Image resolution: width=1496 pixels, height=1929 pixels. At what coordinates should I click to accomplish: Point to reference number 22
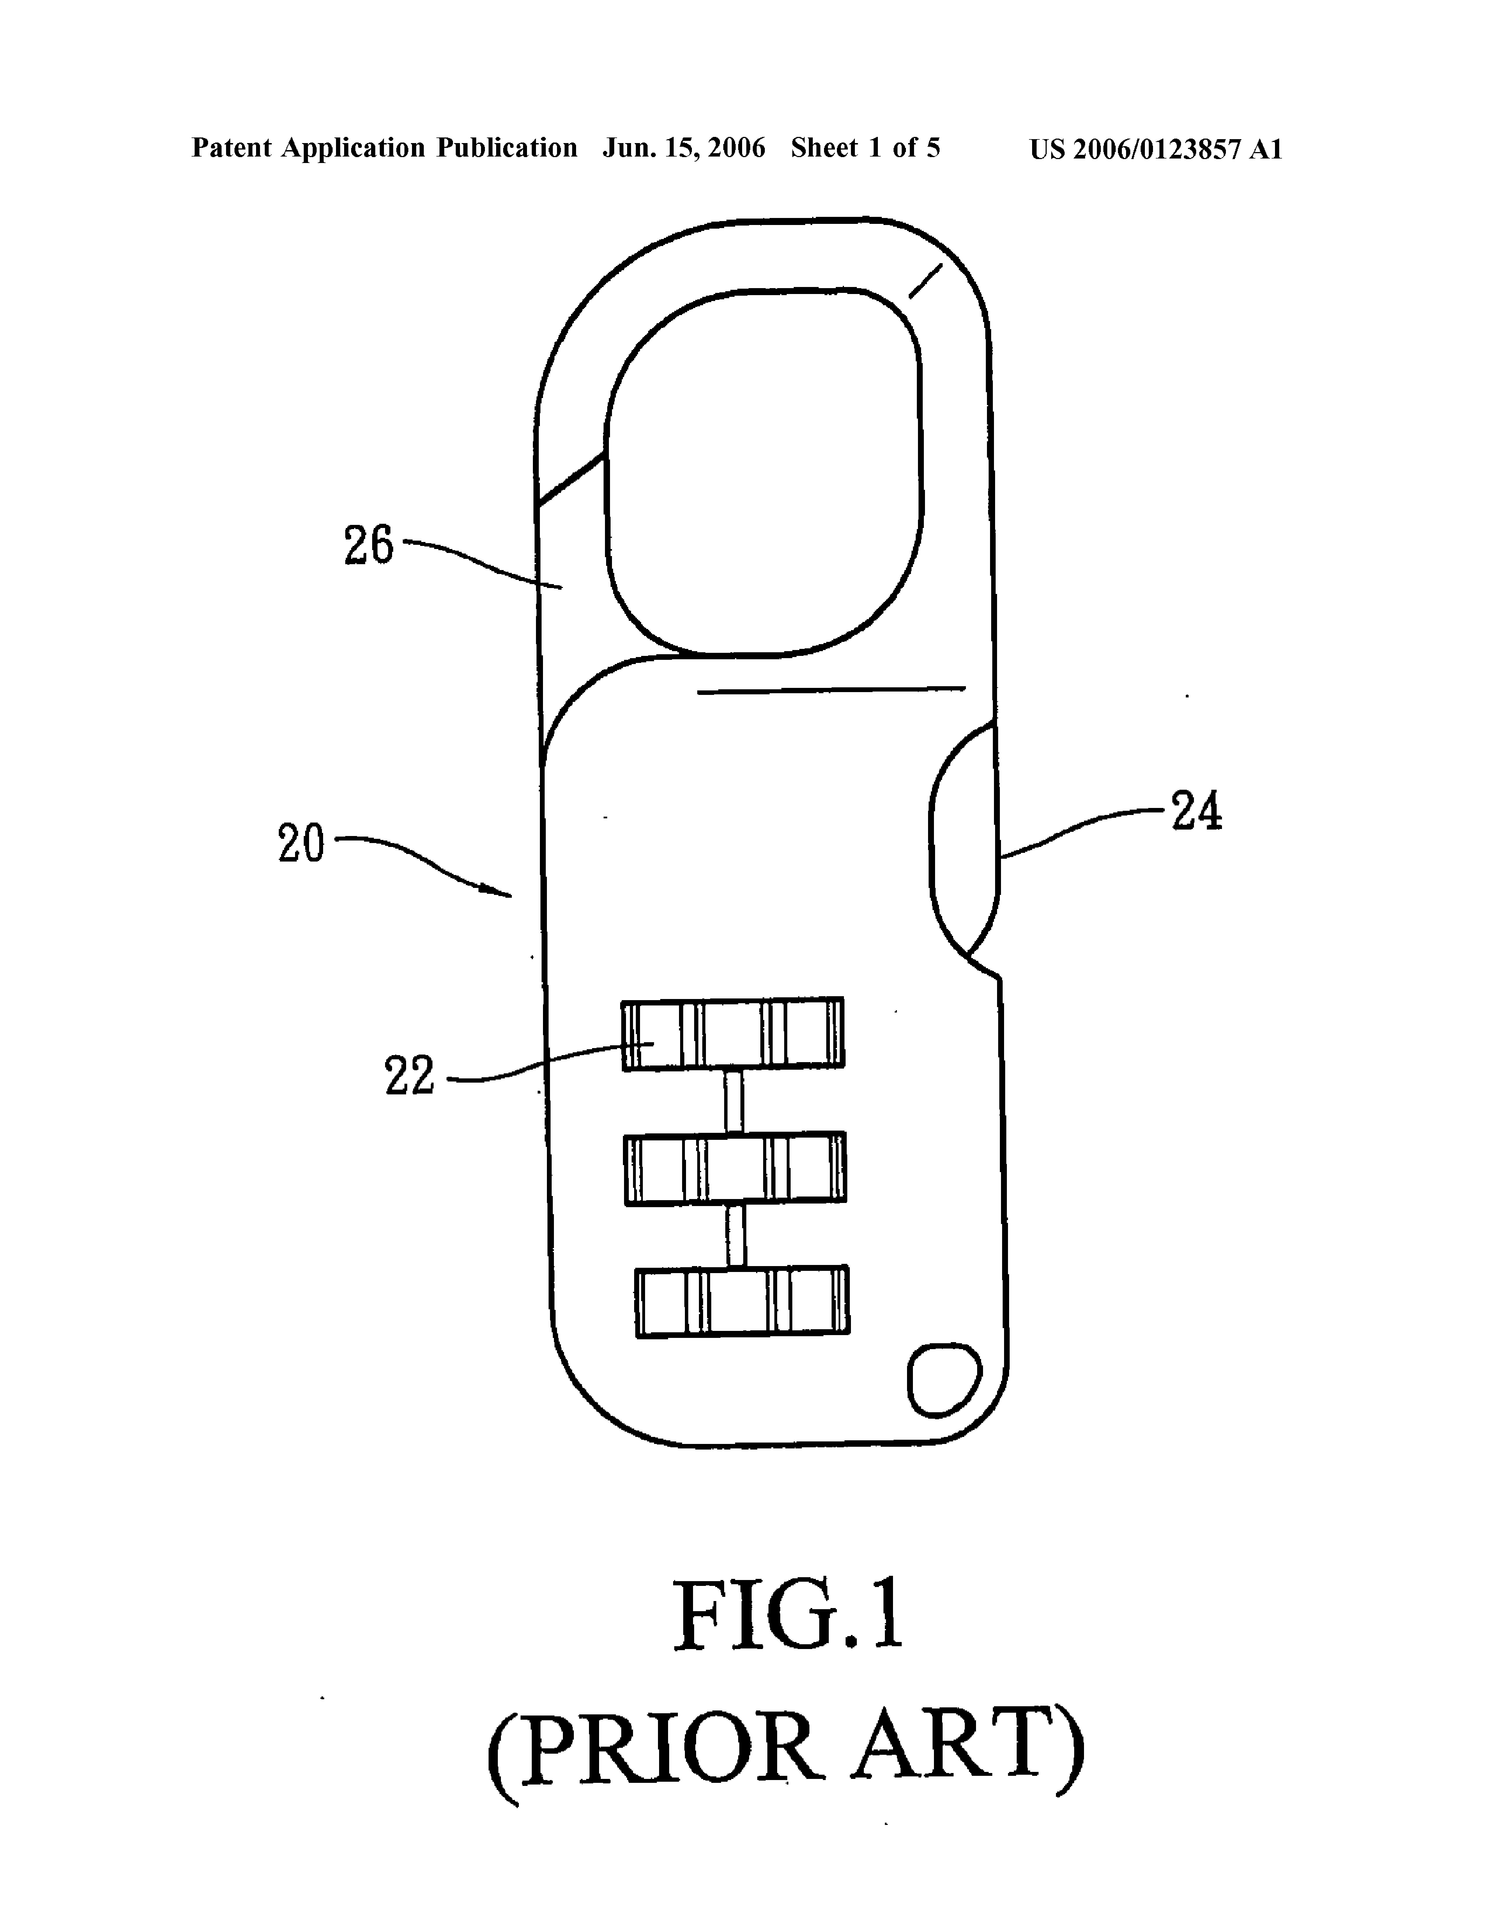click(410, 1076)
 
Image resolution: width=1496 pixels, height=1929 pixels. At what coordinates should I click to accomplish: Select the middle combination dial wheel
click(735, 1168)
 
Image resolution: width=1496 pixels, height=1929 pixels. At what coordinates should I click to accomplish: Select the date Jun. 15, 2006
click(683, 148)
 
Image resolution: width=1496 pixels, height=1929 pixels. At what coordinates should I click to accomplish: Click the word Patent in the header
click(231, 148)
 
